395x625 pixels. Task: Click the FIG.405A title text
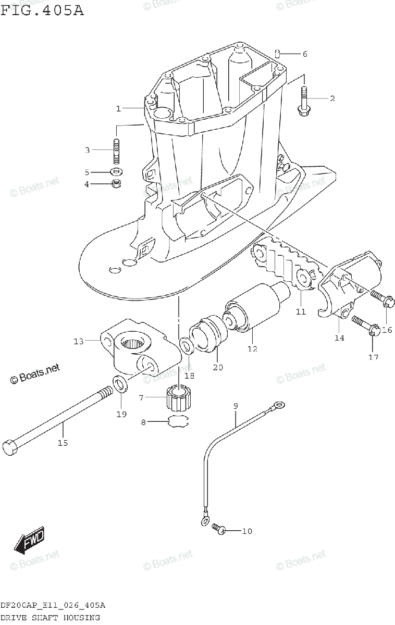point(42,10)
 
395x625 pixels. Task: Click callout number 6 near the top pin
point(305,54)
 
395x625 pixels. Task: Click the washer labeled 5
point(116,171)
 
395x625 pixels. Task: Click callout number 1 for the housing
point(118,108)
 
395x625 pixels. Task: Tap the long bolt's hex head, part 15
point(10,448)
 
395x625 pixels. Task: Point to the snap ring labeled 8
point(178,422)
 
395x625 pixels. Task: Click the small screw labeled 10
point(219,530)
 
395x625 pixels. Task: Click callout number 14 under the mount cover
point(339,337)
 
